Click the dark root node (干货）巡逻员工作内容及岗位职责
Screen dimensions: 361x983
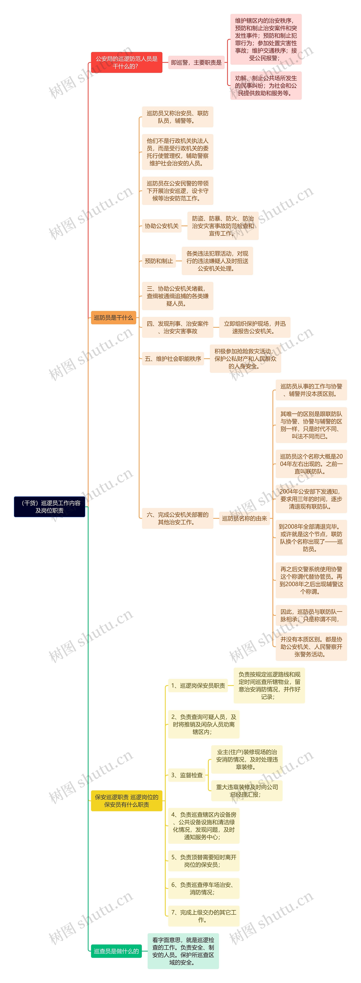(50, 507)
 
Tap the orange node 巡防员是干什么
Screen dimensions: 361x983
(113, 318)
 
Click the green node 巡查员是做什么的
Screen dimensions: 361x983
(116, 951)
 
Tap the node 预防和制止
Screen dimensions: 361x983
(159, 261)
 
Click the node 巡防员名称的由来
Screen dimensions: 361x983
(244, 518)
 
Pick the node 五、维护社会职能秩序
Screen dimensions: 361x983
(173, 359)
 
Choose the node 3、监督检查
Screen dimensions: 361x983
(187, 775)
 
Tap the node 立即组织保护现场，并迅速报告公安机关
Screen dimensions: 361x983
(255, 327)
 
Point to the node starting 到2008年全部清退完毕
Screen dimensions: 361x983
(311, 538)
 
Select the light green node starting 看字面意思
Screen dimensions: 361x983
(183, 951)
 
